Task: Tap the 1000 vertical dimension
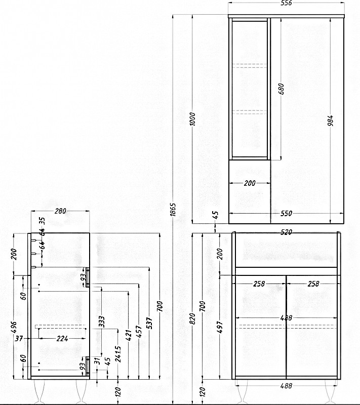tap(192, 119)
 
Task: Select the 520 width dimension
tap(287, 232)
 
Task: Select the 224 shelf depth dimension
tap(62, 338)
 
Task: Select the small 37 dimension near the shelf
tap(19, 338)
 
